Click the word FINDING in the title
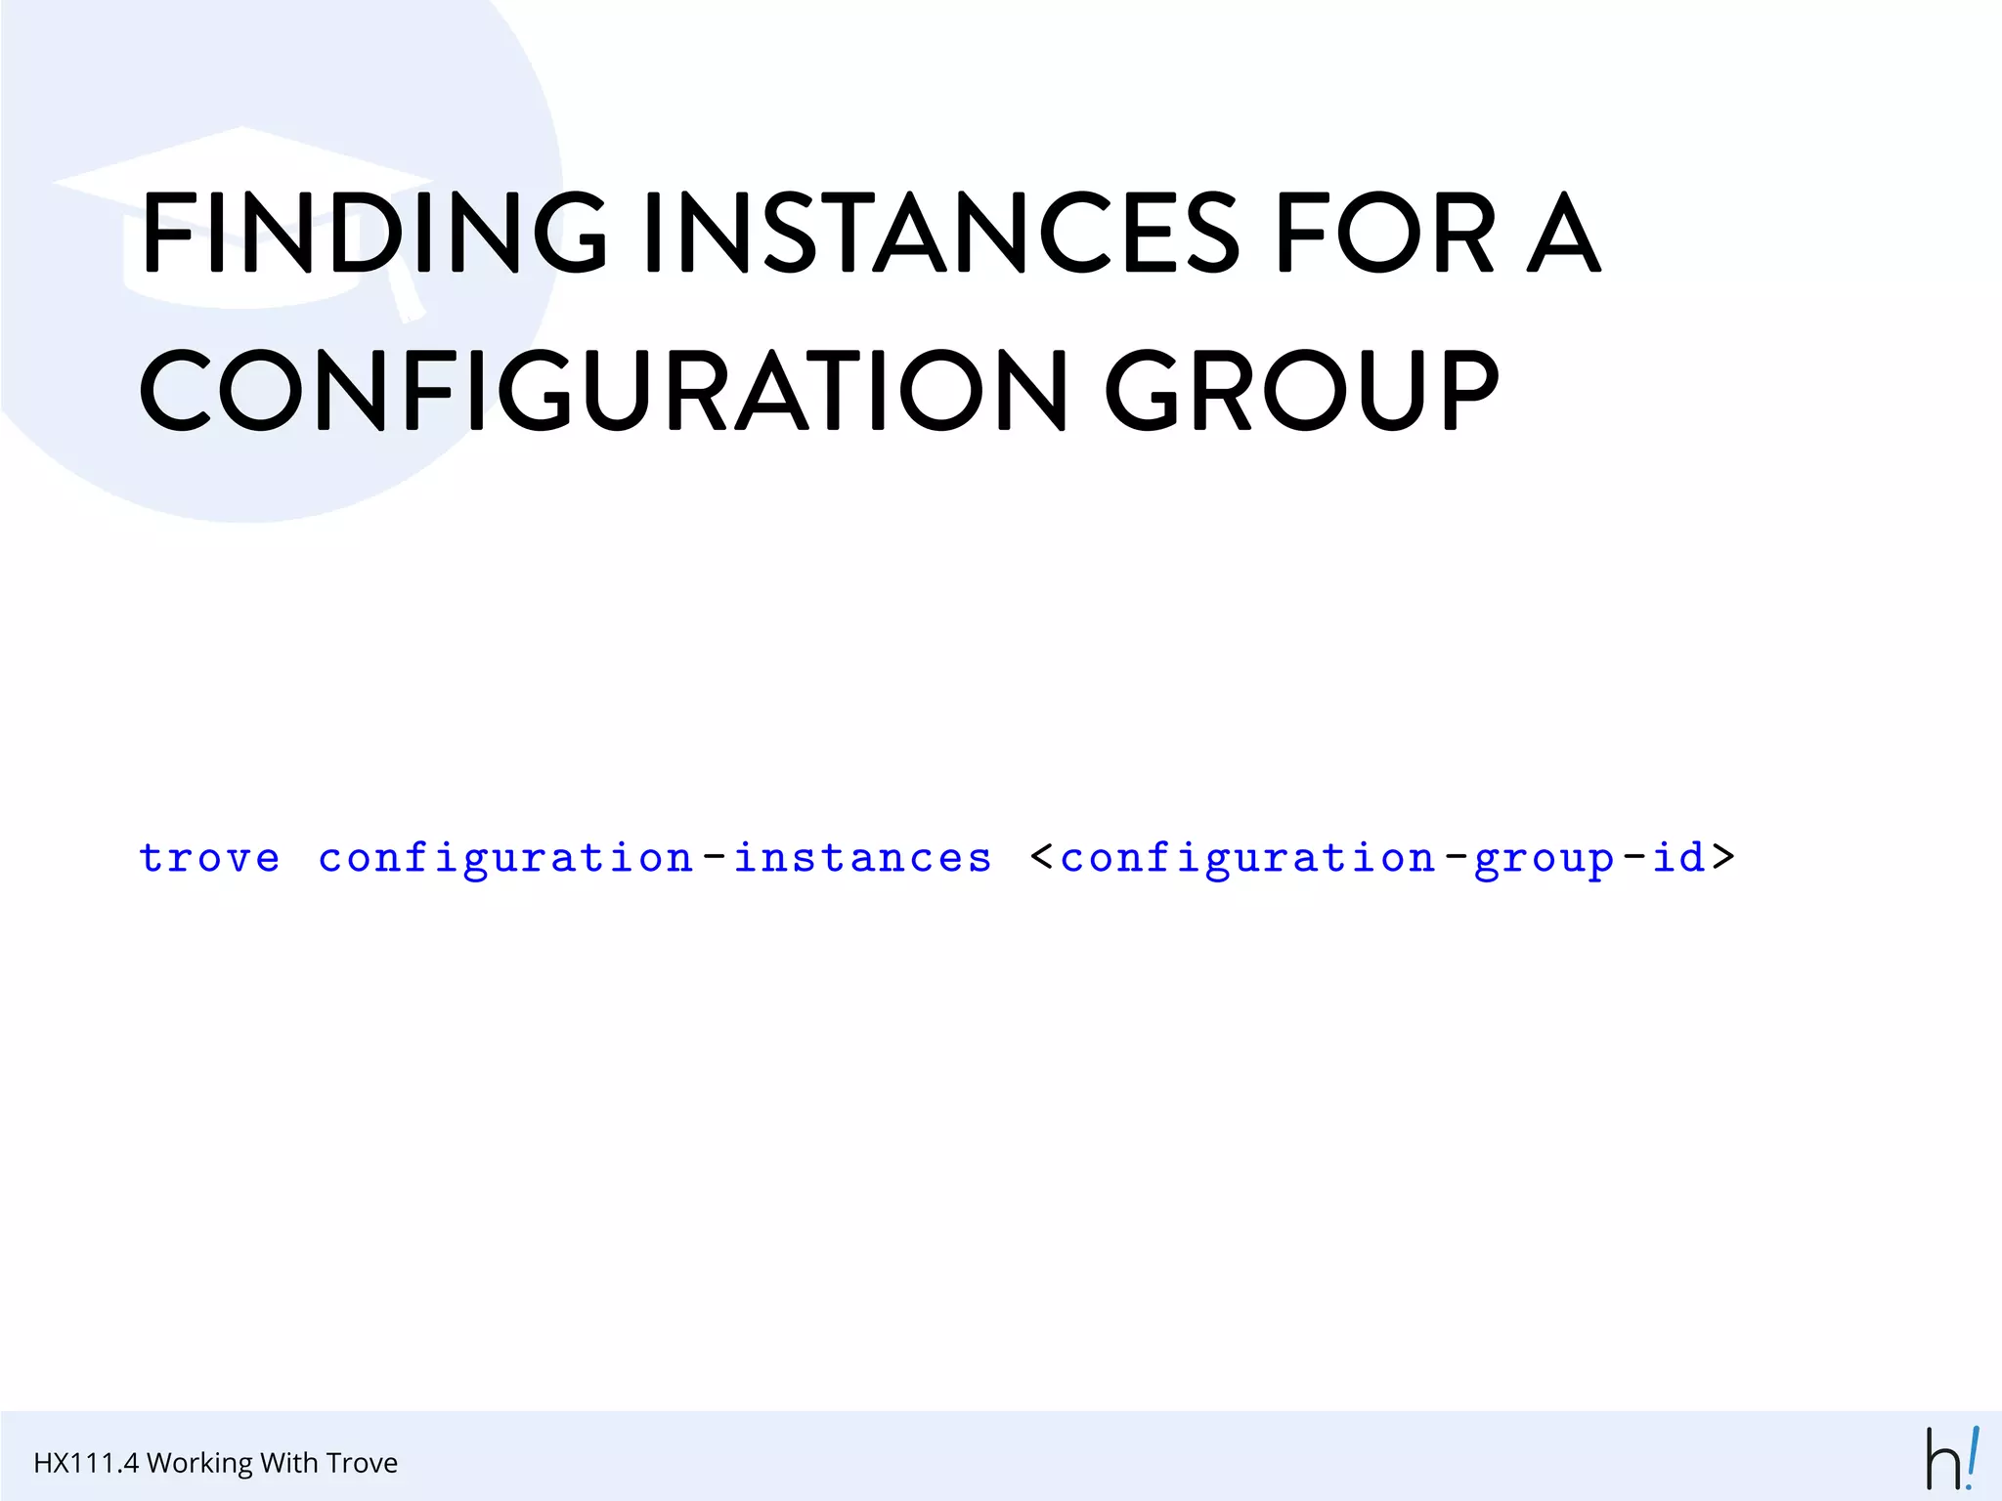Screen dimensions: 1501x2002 (x=374, y=232)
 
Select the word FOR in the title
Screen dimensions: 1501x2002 (x=1385, y=232)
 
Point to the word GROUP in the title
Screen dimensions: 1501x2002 (x=1301, y=390)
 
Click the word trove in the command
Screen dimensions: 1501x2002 (x=209, y=858)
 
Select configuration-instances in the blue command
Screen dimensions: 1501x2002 (x=655, y=858)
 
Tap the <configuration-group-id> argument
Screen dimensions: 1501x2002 (x=1382, y=858)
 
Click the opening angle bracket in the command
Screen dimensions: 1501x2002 (x=1042, y=857)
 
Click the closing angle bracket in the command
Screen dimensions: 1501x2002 (x=1723, y=857)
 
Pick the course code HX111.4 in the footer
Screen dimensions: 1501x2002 (x=86, y=1463)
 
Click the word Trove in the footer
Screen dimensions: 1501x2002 (x=362, y=1463)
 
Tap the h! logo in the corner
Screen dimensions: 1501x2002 (x=1952, y=1459)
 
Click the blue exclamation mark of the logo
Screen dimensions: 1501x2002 (x=1973, y=1456)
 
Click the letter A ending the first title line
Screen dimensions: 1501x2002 (x=1564, y=232)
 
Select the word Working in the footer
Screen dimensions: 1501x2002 (x=199, y=1464)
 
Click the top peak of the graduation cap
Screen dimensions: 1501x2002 (x=241, y=128)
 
